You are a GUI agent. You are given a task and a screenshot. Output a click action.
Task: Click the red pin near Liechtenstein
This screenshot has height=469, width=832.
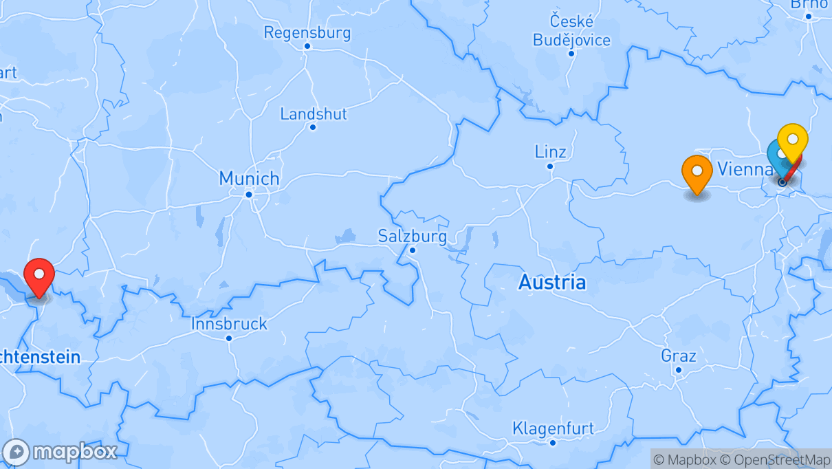pos(39,275)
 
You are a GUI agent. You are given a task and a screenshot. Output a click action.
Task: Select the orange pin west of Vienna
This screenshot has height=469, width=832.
pos(697,172)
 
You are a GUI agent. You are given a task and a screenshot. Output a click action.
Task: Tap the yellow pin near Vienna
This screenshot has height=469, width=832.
pos(792,140)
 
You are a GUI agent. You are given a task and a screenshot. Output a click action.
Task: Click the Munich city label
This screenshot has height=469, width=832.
pos(249,179)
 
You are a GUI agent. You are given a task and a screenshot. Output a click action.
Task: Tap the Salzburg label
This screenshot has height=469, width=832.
pos(412,237)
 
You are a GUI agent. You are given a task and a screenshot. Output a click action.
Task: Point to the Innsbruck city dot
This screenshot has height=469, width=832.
pos(229,338)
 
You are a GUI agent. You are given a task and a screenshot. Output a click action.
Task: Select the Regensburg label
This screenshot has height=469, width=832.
pos(307,32)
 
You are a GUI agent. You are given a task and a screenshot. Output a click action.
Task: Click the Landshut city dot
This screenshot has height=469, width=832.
pos(313,127)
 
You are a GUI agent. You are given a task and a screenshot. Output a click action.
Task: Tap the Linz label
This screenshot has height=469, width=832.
pos(550,151)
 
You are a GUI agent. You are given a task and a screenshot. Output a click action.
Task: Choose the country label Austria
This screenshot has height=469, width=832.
pos(552,282)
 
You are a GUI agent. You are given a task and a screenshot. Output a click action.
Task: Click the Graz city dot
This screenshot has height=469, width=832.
pos(678,370)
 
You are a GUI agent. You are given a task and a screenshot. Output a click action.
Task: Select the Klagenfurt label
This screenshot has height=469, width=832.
pos(552,428)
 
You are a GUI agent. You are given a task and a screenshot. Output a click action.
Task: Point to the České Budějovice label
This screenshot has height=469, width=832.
pos(571,31)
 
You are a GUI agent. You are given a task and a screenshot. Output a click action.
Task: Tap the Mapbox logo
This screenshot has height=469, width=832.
pos(61,452)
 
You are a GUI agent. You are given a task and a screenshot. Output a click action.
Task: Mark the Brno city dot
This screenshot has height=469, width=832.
pos(808,16)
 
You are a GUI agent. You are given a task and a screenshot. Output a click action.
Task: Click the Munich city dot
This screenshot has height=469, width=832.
pos(249,195)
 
